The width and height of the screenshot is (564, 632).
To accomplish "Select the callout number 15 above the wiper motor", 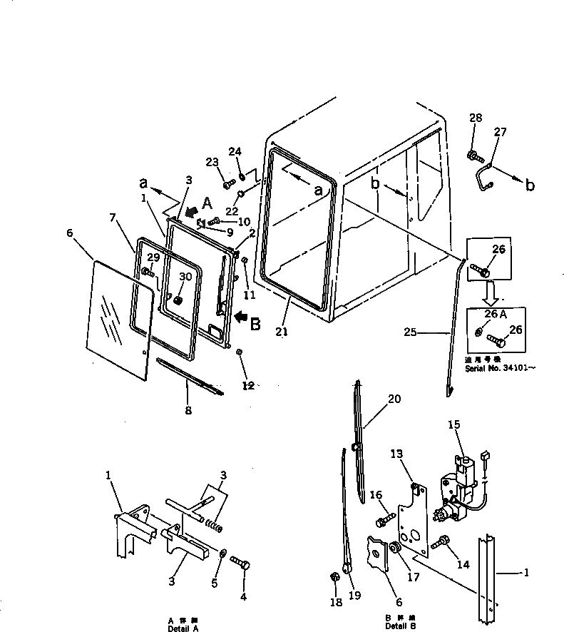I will pyautogui.click(x=454, y=426).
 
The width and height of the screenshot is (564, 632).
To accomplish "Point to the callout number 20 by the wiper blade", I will pyautogui.click(x=394, y=399).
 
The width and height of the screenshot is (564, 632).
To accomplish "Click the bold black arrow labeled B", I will pyautogui.click(x=242, y=315).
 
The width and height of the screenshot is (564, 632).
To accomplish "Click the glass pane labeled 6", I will pyautogui.click(x=118, y=317).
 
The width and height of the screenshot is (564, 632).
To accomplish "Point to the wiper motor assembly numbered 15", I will pyautogui.click(x=456, y=485).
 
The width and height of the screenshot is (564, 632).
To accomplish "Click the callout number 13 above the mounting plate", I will pyautogui.click(x=396, y=454).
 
